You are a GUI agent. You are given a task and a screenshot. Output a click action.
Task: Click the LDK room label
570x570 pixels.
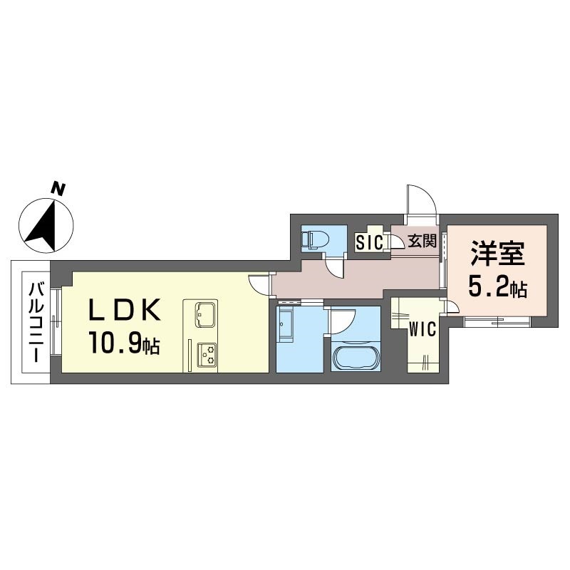125,310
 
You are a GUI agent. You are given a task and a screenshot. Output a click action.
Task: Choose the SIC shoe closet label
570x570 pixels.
369,242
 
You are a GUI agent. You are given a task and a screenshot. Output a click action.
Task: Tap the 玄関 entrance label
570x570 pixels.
422,241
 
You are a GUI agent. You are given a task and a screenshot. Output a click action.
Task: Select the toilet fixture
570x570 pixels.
315,240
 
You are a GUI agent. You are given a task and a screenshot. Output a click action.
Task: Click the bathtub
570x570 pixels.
356,358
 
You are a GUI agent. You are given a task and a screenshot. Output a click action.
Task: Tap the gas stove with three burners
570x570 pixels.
206,356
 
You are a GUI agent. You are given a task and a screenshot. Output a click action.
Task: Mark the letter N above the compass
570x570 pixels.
58,189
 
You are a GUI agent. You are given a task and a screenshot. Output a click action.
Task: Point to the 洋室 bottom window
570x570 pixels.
497,322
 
